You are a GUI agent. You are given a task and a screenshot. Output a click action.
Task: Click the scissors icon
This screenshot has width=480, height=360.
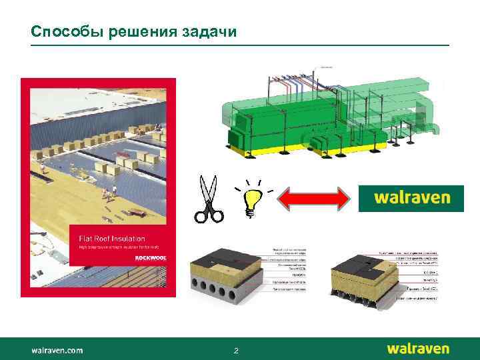(209, 198)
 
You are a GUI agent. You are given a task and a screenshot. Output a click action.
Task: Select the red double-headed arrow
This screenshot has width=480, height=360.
(314, 198)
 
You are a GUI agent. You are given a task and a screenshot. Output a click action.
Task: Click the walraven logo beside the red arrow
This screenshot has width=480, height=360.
(411, 198)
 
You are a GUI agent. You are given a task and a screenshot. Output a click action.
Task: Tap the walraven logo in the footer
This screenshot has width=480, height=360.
(418, 349)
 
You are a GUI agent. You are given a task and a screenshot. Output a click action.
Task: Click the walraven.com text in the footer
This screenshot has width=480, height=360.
(57, 349)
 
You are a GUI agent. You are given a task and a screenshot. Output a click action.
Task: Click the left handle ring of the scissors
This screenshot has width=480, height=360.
(200, 215)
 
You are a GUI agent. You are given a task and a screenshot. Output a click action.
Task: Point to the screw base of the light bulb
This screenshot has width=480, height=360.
(251, 213)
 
